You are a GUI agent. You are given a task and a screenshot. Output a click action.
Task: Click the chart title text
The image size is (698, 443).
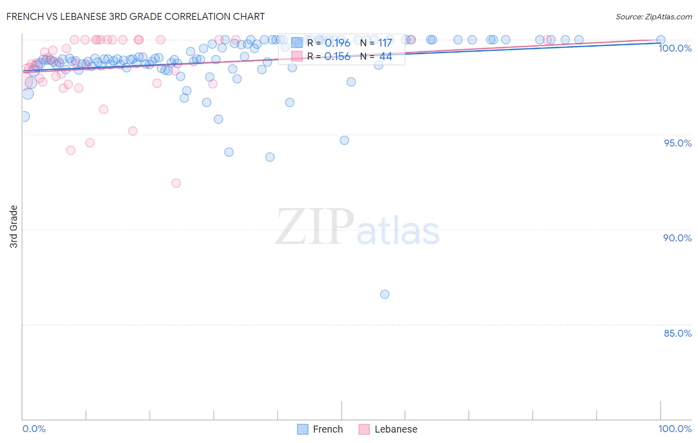(136, 16)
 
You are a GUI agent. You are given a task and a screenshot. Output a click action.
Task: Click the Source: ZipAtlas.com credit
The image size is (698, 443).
(653, 16)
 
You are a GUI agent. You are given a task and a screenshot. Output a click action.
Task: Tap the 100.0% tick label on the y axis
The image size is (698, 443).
(675, 48)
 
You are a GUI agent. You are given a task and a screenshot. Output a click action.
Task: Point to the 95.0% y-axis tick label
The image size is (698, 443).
(677, 143)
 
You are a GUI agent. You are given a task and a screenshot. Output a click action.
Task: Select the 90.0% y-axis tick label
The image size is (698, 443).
(677, 238)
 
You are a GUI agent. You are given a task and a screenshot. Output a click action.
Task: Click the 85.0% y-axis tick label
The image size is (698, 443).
(677, 333)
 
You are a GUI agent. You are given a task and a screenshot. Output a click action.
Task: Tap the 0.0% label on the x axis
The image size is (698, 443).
(34, 429)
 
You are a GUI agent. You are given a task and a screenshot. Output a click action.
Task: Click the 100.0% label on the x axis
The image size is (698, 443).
(675, 429)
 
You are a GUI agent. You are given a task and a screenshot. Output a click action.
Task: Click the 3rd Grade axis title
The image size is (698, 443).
(14, 226)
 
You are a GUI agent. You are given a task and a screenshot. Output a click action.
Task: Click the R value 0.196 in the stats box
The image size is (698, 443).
(338, 43)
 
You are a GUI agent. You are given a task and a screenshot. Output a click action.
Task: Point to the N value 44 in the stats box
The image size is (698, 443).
(386, 57)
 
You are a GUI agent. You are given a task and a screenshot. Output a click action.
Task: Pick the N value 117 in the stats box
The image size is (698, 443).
(385, 43)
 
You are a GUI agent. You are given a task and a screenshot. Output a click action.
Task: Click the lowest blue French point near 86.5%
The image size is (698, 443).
(385, 295)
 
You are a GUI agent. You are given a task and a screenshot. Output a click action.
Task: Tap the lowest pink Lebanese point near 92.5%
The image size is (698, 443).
(176, 183)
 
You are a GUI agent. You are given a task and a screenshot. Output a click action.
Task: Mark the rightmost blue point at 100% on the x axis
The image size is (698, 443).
(661, 40)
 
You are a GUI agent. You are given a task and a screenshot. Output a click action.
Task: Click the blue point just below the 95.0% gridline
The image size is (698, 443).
(345, 141)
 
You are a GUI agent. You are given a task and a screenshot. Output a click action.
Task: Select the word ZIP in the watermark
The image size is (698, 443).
(314, 227)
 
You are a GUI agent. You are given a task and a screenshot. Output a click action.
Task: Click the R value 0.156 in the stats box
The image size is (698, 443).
(338, 57)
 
